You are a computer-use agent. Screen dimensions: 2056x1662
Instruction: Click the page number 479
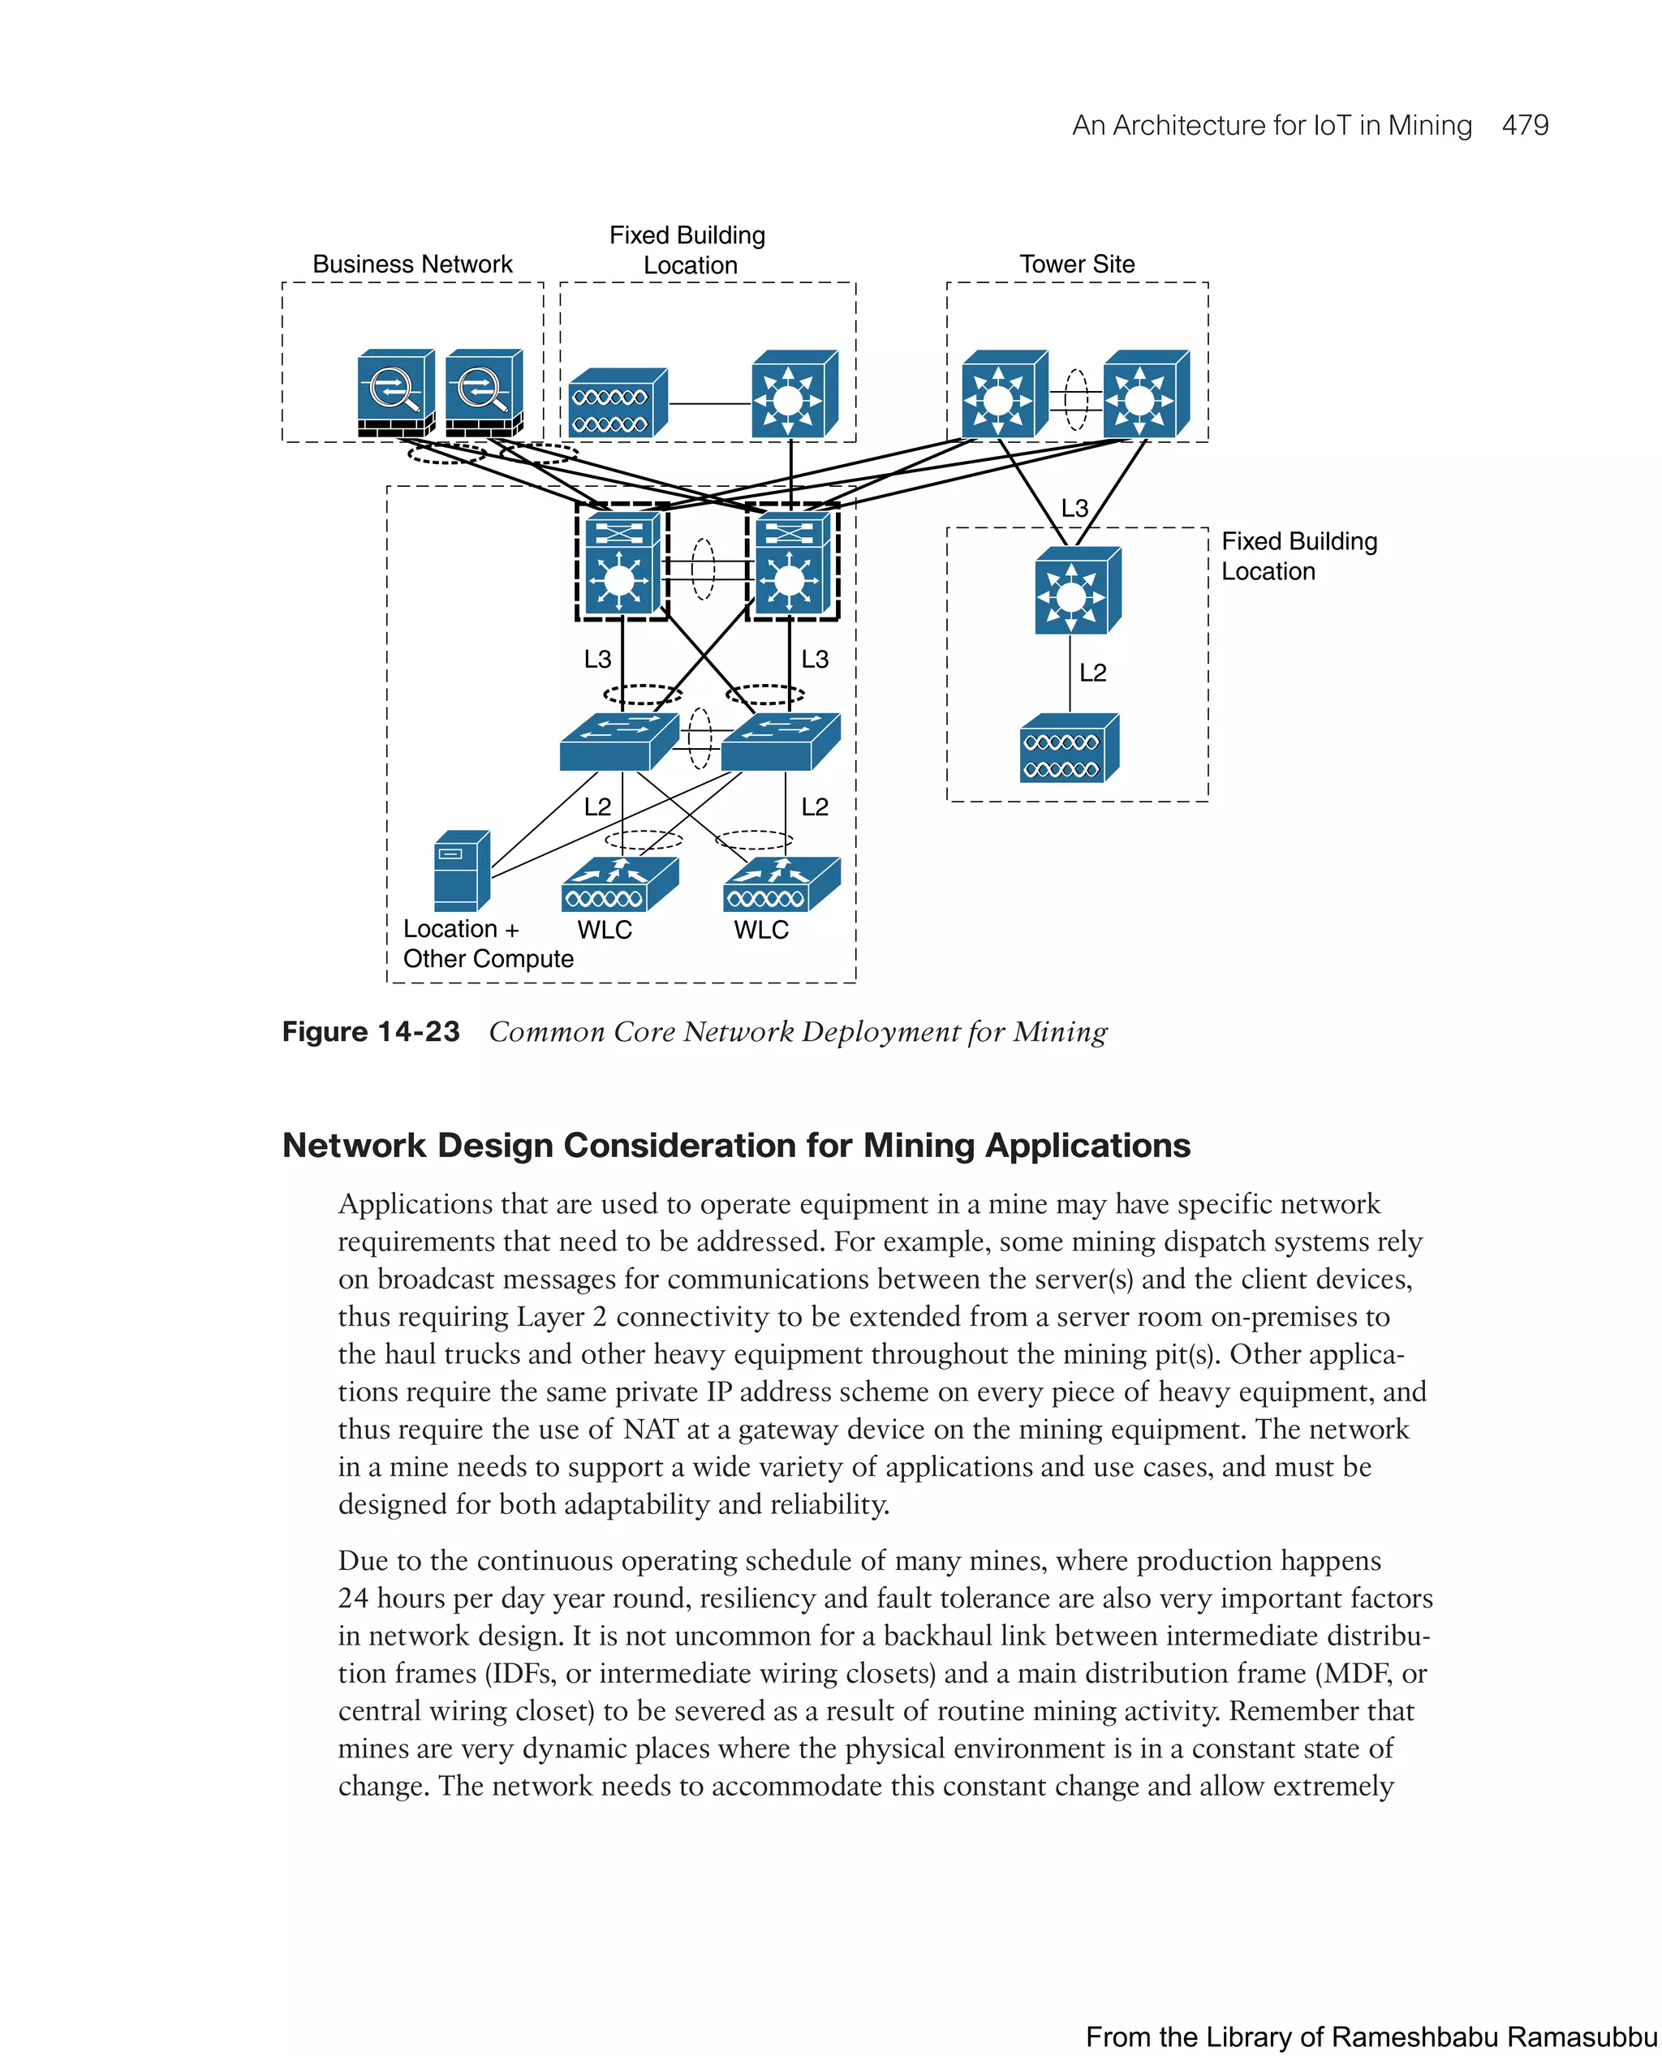click(1524, 126)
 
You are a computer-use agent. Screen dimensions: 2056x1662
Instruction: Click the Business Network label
click(412, 265)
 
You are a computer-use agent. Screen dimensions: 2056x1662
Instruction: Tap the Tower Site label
click(1077, 265)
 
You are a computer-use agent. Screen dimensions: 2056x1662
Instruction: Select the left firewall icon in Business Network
click(395, 393)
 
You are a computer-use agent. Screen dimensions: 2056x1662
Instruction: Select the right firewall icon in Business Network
click(484, 393)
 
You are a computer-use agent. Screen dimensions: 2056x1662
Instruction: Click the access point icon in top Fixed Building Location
click(618, 403)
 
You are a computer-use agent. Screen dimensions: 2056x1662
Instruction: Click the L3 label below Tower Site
click(1074, 508)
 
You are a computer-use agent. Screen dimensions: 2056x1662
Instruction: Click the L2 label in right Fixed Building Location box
click(1092, 673)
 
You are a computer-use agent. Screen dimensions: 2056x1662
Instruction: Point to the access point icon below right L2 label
click(1069, 749)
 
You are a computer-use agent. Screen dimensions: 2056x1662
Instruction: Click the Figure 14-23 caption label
click(371, 1032)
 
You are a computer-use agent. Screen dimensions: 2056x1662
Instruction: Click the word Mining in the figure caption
click(1060, 1032)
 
